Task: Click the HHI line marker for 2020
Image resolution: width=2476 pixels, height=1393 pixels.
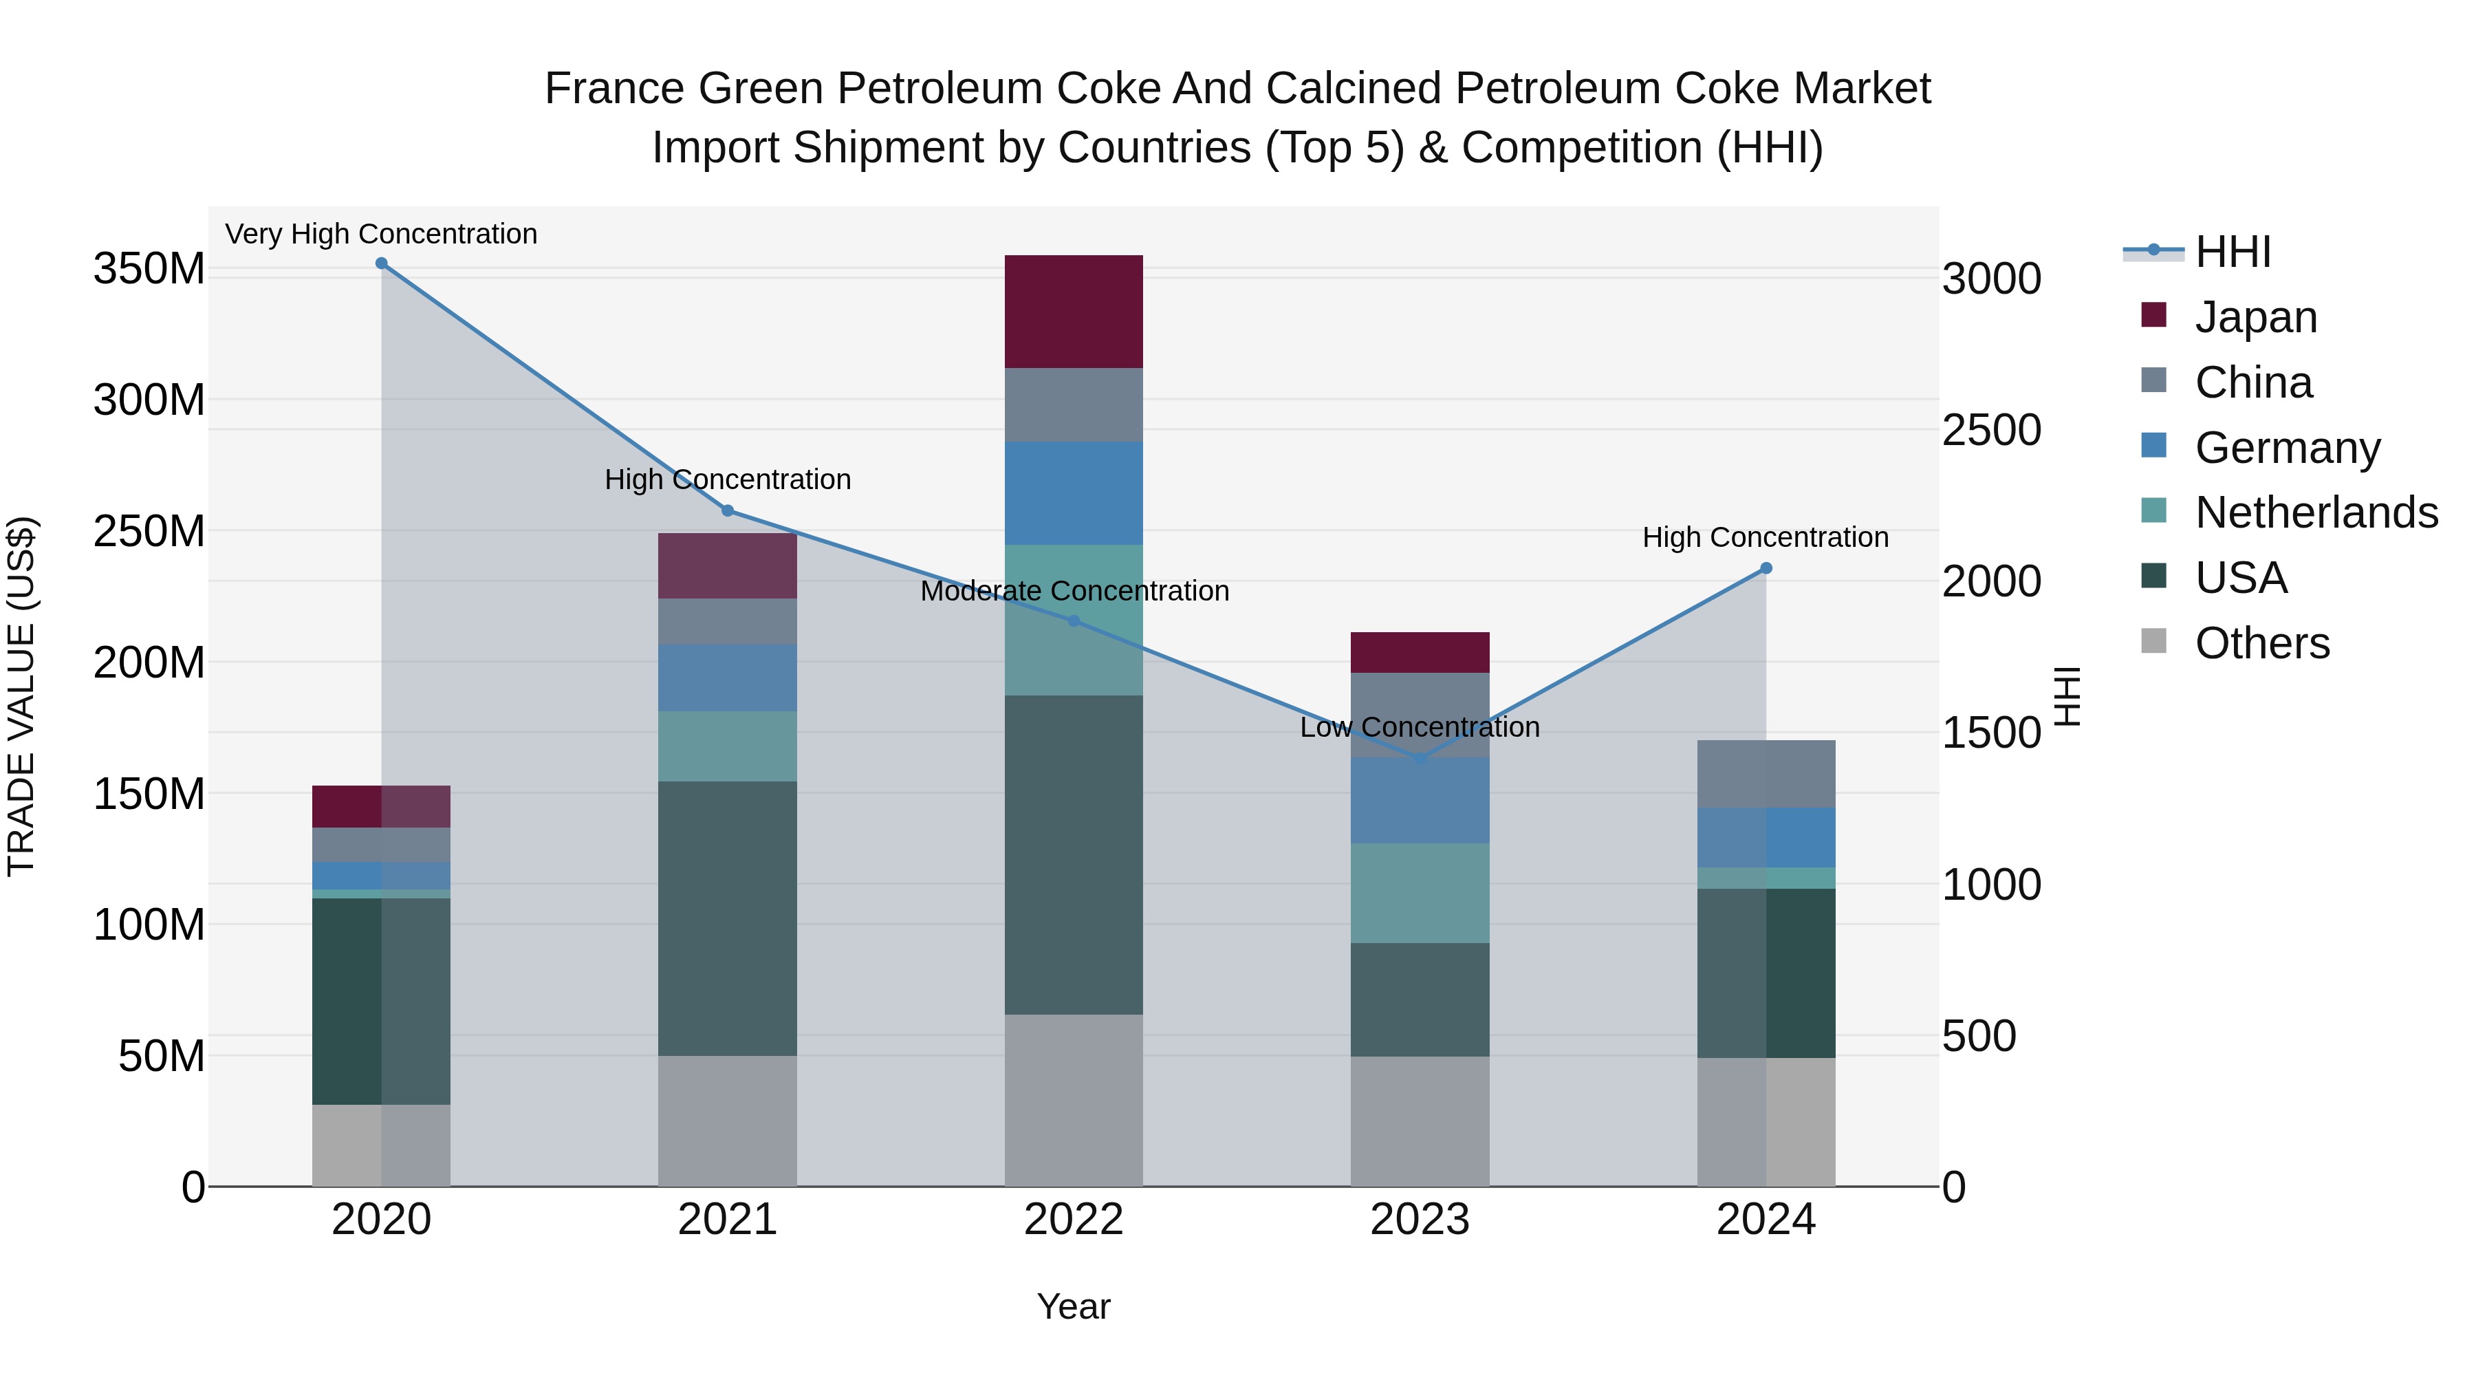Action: click(x=382, y=263)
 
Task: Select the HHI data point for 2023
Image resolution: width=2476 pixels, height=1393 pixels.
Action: click(x=1420, y=759)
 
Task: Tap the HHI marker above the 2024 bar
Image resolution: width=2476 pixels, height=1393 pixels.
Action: click(x=1766, y=568)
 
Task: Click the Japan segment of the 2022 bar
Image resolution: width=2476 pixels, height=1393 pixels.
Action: click(x=1074, y=312)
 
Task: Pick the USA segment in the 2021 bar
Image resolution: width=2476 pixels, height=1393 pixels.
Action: click(x=728, y=918)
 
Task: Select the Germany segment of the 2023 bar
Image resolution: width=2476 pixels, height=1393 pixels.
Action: click(x=1420, y=801)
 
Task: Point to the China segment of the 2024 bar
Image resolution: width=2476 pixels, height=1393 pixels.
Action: click(x=1766, y=774)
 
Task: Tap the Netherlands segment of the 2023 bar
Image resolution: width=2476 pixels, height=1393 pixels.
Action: click(x=1420, y=893)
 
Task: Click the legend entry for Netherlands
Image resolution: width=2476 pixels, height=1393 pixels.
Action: click(x=2316, y=512)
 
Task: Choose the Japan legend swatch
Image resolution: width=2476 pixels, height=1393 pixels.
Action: click(x=2154, y=315)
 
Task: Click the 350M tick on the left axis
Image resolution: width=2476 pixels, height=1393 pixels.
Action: click(x=149, y=268)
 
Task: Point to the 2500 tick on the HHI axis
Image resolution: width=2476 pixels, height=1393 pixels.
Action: click(x=1992, y=430)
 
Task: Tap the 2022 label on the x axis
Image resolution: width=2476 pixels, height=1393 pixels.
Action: click(x=1074, y=1220)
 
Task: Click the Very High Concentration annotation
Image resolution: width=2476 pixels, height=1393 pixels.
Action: click(x=382, y=234)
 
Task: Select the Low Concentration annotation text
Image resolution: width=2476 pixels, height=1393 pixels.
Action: click(x=1420, y=727)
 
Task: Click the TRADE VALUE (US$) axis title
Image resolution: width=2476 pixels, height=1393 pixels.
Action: click(x=21, y=696)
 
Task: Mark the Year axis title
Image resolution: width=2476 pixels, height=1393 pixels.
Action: click(x=1074, y=1306)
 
